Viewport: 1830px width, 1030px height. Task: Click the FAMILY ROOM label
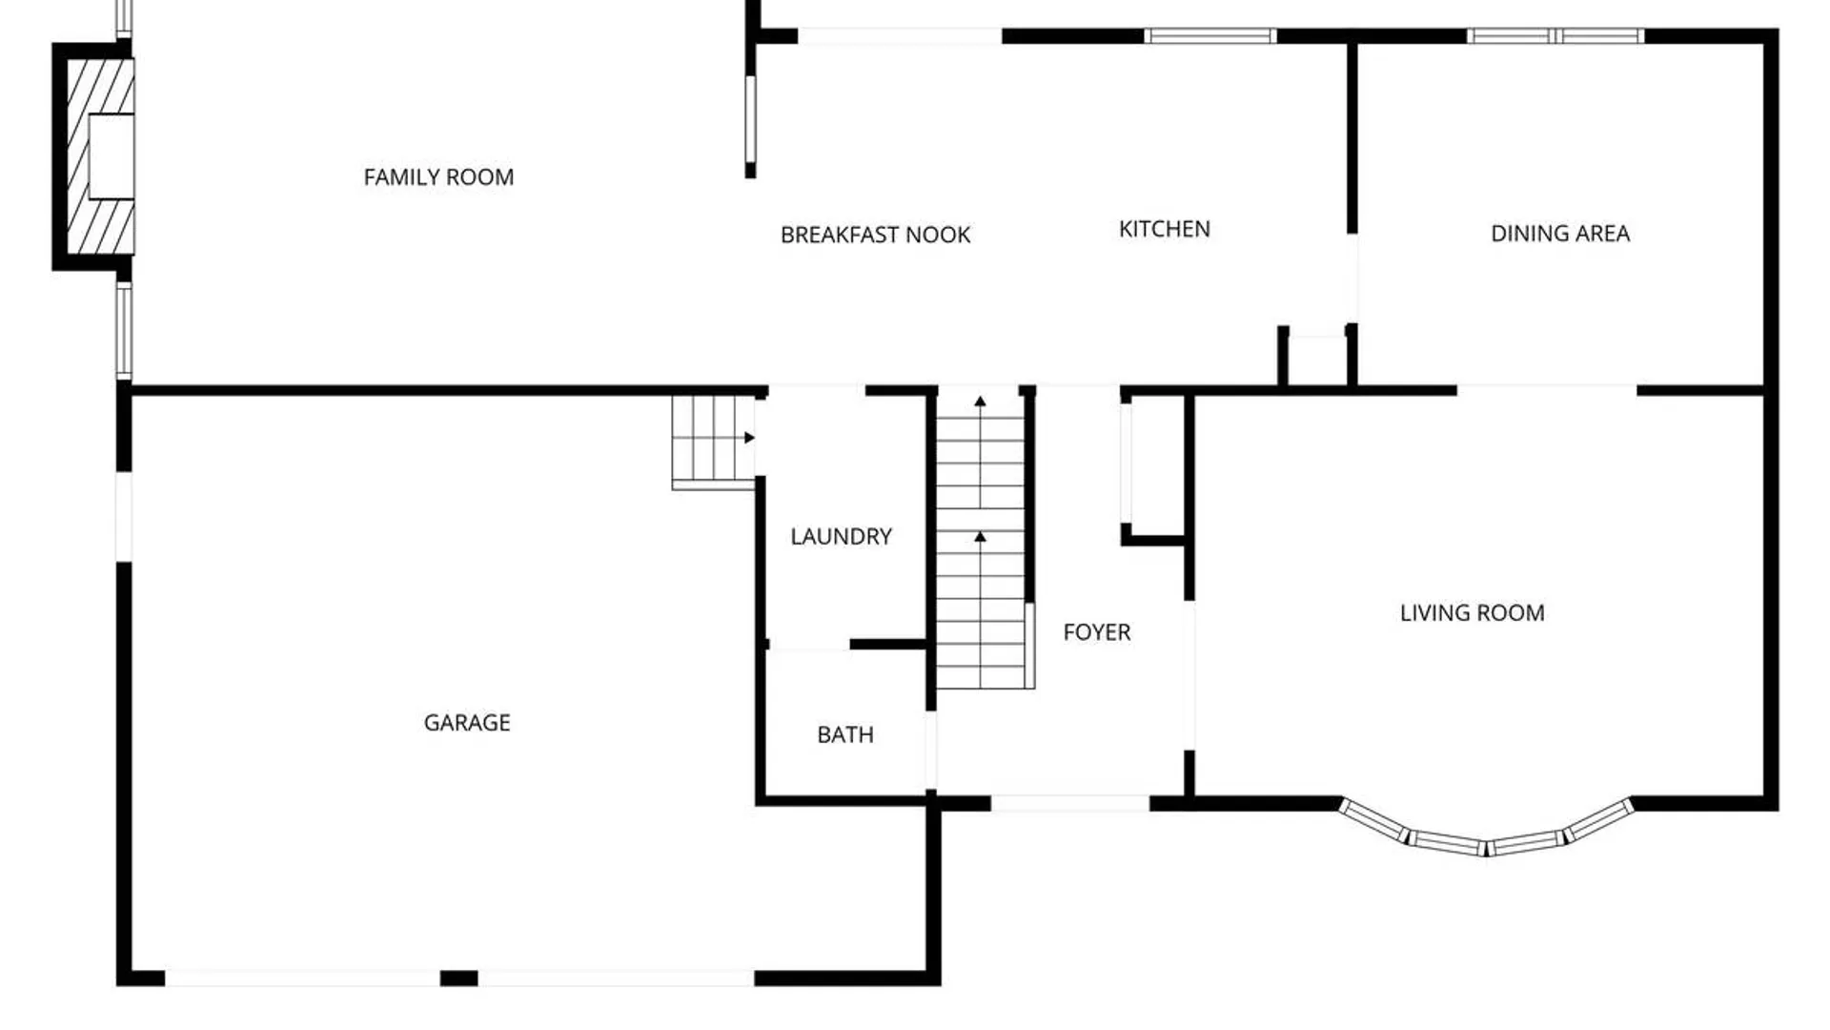pos(438,177)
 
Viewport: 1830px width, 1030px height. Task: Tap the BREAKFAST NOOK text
pos(875,236)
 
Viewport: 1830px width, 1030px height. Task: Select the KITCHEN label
pos(1164,230)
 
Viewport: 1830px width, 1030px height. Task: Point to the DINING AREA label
pos(1560,234)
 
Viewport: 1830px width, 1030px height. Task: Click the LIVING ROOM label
pos(1472,613)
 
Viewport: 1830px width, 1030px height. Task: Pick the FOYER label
pos(1096,632)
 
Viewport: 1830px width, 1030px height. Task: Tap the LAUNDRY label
pos(841,537)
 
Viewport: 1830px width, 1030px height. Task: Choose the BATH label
pos(844,735)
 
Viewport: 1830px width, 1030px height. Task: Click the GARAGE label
pos(467,723)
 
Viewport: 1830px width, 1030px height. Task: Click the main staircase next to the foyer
pos(981,541)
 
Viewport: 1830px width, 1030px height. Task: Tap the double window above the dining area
pos(1555,36)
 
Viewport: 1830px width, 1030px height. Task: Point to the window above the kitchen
pos(1210,36)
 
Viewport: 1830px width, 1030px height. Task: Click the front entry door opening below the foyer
pos(1070,804)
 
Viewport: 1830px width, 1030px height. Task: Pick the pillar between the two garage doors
pos(458,978)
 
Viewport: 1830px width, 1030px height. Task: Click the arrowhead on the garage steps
pos(750,438)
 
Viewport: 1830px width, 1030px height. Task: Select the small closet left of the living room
pos(1154,467)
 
